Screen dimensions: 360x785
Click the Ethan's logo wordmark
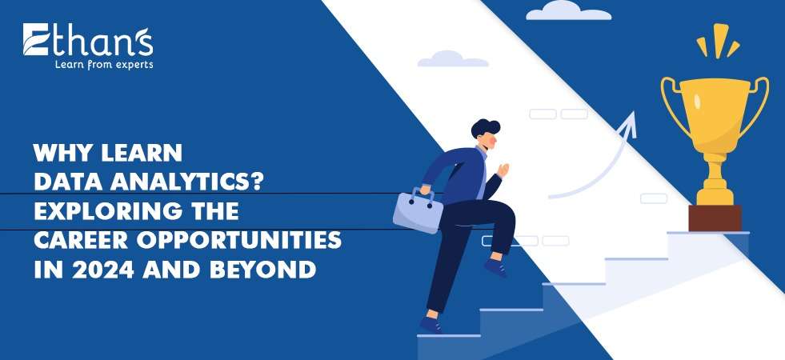(x=88, y=39)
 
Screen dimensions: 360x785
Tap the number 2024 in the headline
(x=91, y=270)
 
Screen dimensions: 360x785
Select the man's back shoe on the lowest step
(x=432, y=326)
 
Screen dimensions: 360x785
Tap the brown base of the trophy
(x=715, y=217)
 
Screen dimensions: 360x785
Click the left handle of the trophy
(x=670, y=104)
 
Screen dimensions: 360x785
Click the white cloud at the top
(x=569, y=10)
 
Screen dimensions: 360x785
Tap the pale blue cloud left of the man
(x=442, y=58)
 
